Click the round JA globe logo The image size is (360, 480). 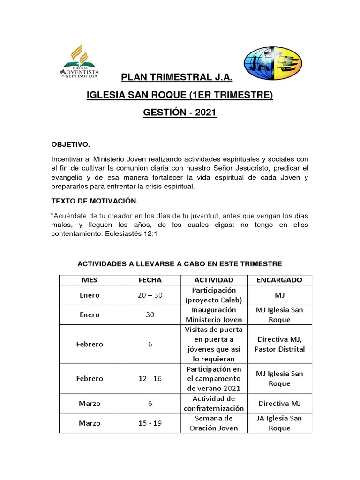[272, 63]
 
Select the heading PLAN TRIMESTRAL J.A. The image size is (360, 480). [177, 77]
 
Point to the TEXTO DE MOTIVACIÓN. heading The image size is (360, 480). [94, 201]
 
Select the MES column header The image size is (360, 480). [89, 280]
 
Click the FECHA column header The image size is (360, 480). [150, 280]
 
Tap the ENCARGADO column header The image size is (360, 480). [279, 280]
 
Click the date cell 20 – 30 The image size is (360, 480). [150, 295]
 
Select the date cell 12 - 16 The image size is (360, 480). [150, 378]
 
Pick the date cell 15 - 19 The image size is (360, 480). [150, 423]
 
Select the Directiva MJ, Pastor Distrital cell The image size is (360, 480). [279, 344]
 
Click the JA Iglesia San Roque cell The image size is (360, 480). [279, 423]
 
